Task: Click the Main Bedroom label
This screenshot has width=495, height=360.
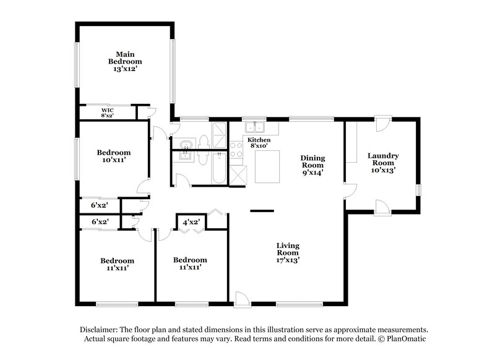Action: click(x=125, y=58)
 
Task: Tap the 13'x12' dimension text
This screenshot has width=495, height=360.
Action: click(x=125, y=70)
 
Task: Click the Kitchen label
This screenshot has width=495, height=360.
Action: click(x=259, y=140)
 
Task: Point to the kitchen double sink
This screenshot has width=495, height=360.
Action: click(x=254, y=128)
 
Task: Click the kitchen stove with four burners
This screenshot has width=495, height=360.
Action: click(x=236, y=149)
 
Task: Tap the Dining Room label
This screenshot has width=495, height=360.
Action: click(x=312, y=161)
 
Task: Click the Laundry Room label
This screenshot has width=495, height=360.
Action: click(x=383, y=161)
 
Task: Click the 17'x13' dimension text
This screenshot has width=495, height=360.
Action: click(x=288, y=260)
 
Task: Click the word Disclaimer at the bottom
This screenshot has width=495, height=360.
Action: click(x=101, y=330)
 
